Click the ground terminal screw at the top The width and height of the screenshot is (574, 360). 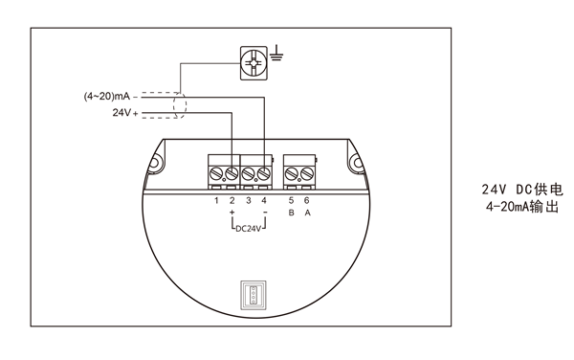[x=254, y=63]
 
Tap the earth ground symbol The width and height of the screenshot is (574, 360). [x=276, y=54]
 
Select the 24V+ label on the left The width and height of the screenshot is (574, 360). [x=125, y=112]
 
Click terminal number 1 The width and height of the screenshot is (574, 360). [x=216, y=201]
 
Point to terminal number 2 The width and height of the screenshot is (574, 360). [x=232, y=201]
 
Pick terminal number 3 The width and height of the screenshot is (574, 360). [x=249, y=201]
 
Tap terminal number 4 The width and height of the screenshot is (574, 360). [x=264, y=201]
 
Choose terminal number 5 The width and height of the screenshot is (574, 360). [x=291, y=201]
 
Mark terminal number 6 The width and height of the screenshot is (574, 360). [x=307, y=201]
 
